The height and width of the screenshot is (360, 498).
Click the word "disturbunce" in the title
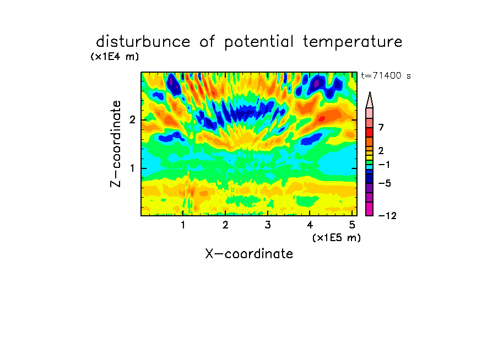coord(143,42)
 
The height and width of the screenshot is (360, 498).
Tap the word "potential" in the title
coord(259,42)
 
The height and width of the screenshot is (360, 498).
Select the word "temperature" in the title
coord(353,42)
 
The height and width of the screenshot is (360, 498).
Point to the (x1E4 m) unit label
coord(115,57)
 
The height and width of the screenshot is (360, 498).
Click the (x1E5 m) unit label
coord(337,238)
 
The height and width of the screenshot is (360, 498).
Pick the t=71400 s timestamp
coord(386,76)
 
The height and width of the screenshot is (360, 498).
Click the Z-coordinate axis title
coord(116,144)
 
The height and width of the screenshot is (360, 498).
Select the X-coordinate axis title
coord(249,254)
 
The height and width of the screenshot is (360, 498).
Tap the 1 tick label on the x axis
coord(183,225)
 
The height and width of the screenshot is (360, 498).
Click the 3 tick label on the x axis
coord(268,225)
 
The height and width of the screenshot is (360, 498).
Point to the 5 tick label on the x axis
coord(352,225)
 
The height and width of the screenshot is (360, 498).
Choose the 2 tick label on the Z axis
coord(132,120)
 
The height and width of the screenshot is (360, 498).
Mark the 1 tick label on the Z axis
coord(132,168)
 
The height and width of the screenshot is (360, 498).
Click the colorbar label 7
coord(381,128)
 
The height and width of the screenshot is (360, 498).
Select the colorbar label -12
coord(387,216)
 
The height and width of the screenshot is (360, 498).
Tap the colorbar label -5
coord(385,183)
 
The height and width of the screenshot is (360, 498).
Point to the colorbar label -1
coord(384,165)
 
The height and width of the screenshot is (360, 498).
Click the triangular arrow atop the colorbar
coord(370,100)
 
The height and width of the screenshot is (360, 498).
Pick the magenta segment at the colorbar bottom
coord(370,209)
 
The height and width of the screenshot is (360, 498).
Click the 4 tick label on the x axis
coord(310,225)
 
